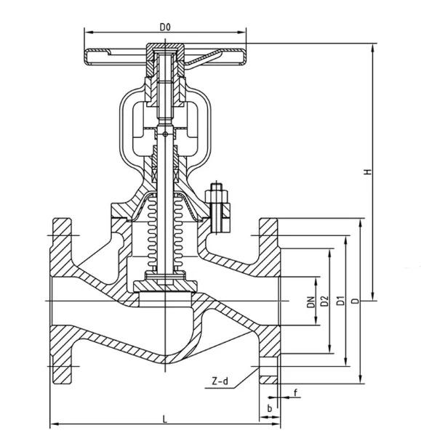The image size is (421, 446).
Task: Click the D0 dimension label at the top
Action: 165,28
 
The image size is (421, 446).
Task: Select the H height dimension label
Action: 369,172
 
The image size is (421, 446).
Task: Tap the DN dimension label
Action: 311,302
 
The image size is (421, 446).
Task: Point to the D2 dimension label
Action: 324,301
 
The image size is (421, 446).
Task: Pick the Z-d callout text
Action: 220,381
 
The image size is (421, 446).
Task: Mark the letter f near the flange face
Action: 295,393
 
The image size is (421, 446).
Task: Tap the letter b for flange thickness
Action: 270,408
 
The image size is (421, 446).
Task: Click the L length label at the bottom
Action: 165,419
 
